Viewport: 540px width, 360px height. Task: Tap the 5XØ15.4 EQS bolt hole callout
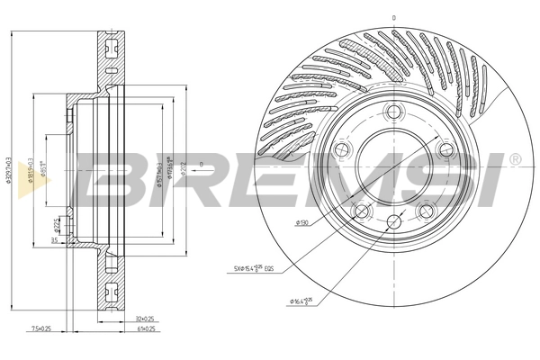261,268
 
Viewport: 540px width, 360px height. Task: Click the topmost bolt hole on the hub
393,112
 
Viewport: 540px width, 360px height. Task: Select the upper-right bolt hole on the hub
443,149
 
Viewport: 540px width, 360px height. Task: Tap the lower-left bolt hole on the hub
361,211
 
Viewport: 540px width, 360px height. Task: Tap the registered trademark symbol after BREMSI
514,159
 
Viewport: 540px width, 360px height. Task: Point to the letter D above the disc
393,17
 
